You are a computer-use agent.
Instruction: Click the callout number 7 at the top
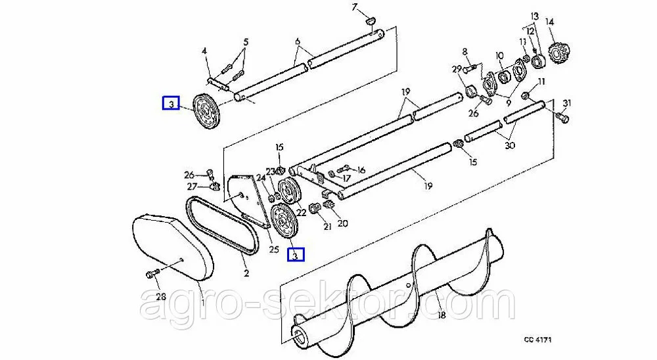(x=355, y=7)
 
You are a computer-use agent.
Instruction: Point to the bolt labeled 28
(x=152, y=274)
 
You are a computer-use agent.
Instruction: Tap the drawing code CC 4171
(x=537, y=339)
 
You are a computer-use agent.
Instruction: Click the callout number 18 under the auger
(x=442, y=314)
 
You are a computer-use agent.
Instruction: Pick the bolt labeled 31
(x=562, y=118)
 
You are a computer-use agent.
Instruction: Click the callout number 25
(x=273, y=250)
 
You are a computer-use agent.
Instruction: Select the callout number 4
(x=204, y=51)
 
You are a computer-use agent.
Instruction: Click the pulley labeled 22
(x=288, y=191)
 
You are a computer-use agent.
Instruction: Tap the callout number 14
(x=550, y=22)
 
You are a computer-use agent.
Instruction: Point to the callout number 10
(x=499, y=56)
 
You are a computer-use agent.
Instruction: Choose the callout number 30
(x=510, y=145)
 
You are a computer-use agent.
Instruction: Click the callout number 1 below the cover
(x=203, y=302)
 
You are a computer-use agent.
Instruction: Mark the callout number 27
(x=191, y=187)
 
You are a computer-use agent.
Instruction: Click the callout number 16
(x=360, y=169)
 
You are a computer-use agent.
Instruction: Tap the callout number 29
(x=457, y=69)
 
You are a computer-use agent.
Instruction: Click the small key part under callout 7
(x=371, y=19)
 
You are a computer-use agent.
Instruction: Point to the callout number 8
(x=464, y=52)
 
